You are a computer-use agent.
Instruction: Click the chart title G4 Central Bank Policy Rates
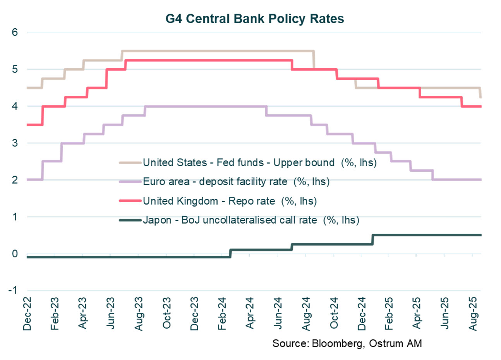[x=254, y=19]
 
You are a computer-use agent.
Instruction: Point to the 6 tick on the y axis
[x=15, y=32]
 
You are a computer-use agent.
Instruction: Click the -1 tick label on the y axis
[x=13, y=290]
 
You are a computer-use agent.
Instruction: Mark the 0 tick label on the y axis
[x=15, y=254]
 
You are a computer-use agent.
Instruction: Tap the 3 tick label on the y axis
[x=15, y=143]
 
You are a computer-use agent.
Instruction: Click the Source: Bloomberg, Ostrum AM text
[x=347, y=343]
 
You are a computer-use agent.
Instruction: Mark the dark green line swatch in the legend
[x=130, y=220]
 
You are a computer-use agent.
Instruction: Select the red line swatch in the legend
[x=130, y=201]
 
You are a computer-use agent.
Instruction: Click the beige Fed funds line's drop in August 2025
[x=480, y=93]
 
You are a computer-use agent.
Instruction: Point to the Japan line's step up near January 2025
[x=372, y=239]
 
